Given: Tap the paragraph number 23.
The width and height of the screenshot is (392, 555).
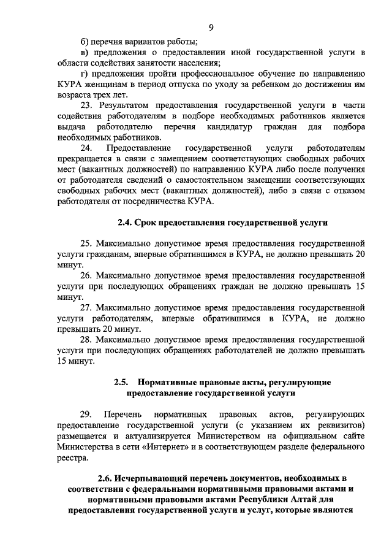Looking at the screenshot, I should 88,105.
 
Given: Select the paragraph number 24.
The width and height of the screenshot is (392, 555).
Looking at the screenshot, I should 87,148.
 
